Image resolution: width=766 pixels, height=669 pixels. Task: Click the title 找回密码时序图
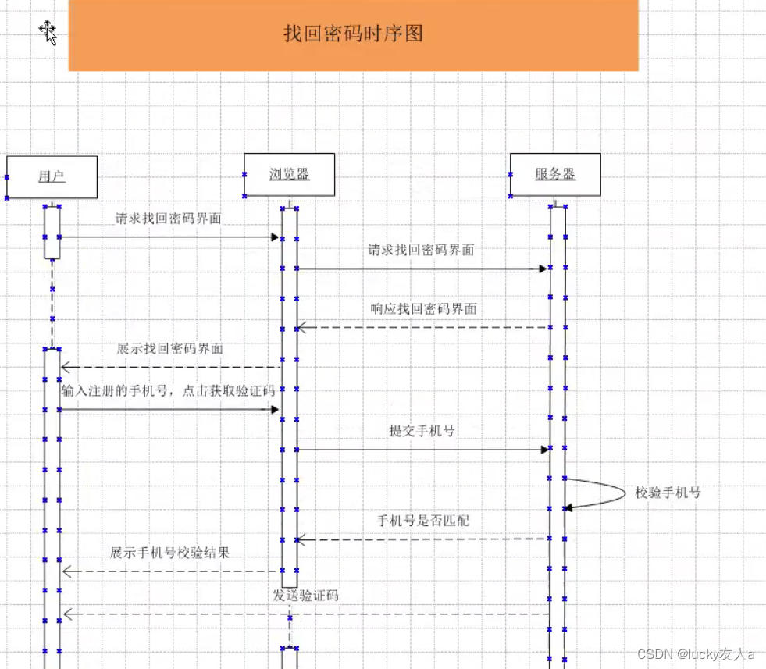point(353,34)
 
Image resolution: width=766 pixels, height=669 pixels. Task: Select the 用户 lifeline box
point(52,176)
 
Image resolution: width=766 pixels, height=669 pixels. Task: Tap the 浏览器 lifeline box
point(289,174)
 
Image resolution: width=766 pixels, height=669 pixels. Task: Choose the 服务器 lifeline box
point(555,174)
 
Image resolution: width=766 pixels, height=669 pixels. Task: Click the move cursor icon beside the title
point(48,32)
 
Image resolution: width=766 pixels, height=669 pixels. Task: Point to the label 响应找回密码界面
point(423,308)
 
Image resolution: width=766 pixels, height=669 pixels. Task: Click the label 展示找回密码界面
point(169,348)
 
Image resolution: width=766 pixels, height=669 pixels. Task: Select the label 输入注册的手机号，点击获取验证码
point(169,390)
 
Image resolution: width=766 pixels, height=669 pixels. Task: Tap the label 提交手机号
point(422,430)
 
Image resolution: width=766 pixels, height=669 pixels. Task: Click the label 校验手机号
point(668,493)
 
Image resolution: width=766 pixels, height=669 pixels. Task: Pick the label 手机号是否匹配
point(423,520)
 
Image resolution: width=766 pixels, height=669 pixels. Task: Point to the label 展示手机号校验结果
point(169,553)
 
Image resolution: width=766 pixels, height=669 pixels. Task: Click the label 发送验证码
point(305,595)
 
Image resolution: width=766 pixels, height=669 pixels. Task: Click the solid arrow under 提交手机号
point(422,450)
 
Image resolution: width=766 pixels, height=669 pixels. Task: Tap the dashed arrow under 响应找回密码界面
point(422,328)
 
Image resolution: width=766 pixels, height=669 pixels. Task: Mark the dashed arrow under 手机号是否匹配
point(422,539)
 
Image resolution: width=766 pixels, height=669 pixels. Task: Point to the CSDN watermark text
point(696,653)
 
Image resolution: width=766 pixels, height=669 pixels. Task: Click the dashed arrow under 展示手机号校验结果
point(169,571)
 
